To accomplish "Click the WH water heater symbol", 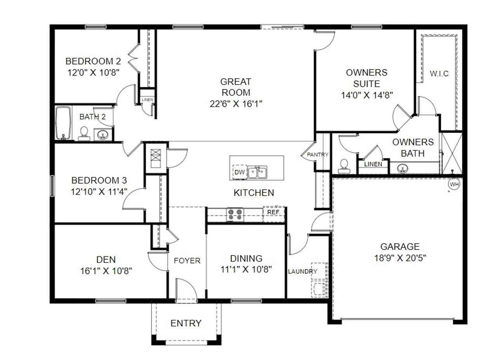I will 454,184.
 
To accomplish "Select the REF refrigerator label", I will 273,212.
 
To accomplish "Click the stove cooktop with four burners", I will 235,215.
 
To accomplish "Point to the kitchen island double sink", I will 257,172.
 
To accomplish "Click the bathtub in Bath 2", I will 63,123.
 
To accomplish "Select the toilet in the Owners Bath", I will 343,166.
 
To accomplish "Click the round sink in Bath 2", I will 103,135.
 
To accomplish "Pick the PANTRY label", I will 318,154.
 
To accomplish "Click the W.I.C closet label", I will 439,74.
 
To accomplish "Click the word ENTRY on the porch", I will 186,323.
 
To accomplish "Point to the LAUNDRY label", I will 302,272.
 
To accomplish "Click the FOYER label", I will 187,261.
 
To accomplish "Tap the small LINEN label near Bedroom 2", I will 148,100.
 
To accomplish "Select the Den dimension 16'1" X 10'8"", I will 106,271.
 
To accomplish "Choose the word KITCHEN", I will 254,193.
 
